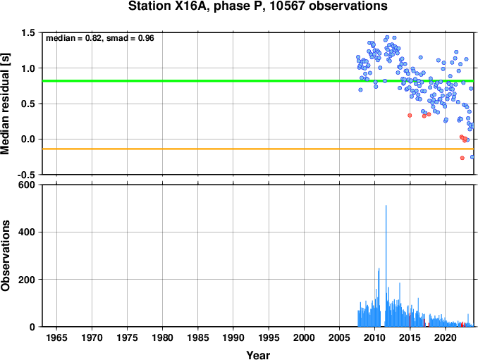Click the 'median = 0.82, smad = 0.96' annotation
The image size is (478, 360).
[100, 38]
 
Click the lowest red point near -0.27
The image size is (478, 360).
[462, 158]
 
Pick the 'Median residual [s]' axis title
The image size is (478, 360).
[5, 104]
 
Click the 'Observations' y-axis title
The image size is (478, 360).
[5, 256]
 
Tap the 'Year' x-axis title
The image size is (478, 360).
[258, 355]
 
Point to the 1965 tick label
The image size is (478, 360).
[56, 337]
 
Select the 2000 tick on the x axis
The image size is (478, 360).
[304, 337]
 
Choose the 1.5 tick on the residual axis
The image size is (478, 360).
[28, 32]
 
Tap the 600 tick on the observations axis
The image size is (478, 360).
[27, 185]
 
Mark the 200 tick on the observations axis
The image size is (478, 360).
[27, 280]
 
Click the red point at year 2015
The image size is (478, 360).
[410, 116]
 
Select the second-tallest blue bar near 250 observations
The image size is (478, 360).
[379, 297]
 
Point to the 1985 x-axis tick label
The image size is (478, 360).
[198, 337]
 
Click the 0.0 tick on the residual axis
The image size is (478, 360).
[28, 139]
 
